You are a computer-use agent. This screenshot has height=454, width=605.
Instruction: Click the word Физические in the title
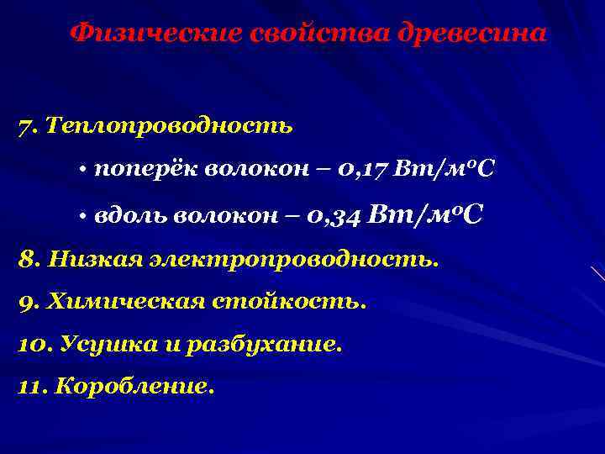click(x=156, y=34)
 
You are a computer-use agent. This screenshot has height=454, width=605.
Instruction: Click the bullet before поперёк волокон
click(x=85, y=171)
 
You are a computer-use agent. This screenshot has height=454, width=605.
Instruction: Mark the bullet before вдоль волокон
click(x=85, y=216)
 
